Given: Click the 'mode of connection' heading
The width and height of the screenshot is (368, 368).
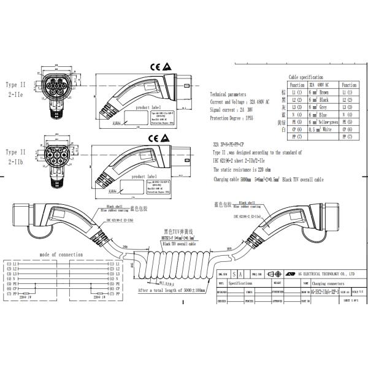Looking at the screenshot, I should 61,254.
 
